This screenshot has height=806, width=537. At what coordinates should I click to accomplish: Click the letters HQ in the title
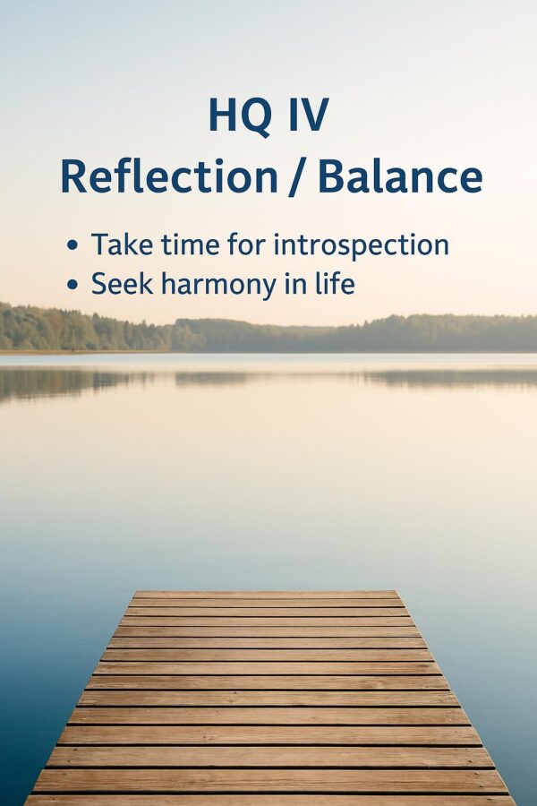coord(240,116)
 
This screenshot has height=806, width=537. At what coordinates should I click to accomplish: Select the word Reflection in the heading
coord(169,176)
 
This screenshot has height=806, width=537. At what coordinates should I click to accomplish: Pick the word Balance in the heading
coord(400,176)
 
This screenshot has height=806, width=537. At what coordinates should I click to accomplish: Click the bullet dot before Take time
coord(72,244)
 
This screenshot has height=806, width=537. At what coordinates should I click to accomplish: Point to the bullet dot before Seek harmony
coord(72,284)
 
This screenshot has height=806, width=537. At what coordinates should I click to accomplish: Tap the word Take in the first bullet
coord(123,244)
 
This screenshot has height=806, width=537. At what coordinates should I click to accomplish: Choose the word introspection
coord(362,245)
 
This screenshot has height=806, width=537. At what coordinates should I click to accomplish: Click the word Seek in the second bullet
coord(123,284)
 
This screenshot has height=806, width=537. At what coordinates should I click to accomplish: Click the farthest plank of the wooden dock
coord(266,595)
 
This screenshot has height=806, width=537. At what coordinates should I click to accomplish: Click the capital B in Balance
coord(332,176)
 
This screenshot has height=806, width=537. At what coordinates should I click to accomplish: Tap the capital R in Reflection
coord(75,176)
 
